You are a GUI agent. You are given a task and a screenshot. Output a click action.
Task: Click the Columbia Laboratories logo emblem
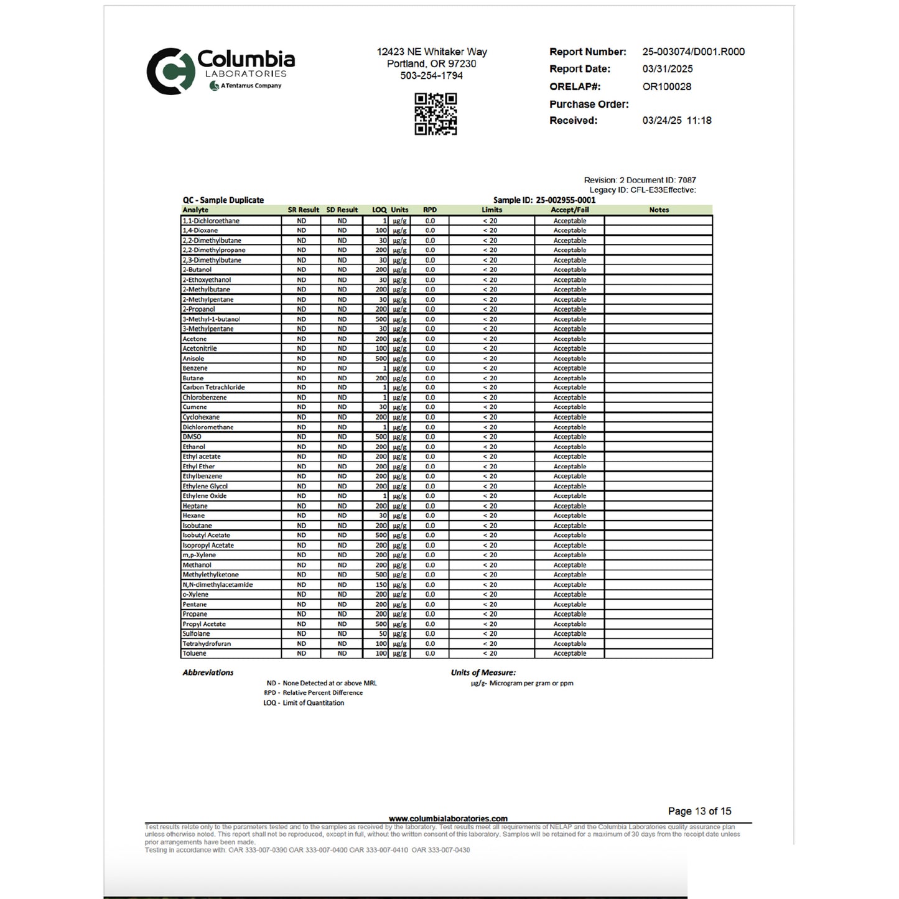point(168,71)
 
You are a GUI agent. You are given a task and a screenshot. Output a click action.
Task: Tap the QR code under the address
point(436,114)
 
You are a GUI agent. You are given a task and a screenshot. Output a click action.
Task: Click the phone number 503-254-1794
point(431,75)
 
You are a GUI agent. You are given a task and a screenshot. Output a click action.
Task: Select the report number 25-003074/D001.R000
point(693,52)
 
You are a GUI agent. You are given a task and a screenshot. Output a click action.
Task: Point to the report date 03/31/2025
point(667,69)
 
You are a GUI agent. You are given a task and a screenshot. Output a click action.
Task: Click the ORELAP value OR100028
point(666,86)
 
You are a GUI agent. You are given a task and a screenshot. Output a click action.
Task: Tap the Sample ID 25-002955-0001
point(565,200)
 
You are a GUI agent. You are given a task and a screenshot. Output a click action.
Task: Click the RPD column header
point(429,210)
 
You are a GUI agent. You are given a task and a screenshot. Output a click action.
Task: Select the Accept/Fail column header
point(569,210)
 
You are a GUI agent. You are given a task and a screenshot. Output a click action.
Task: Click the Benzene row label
point(195,368)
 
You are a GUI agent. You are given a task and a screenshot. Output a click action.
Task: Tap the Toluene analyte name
point(194,653)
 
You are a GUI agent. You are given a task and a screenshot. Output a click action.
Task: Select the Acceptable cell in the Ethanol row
point(569,447)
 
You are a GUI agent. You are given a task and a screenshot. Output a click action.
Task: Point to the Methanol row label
point(197,565)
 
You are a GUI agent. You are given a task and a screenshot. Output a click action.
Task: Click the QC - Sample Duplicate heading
point(223,200)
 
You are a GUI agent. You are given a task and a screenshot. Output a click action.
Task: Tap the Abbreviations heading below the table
point(208,673)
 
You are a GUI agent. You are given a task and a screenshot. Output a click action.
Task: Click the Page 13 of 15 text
point(699,811)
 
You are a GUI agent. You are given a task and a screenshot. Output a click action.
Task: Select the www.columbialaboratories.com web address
point(448,819)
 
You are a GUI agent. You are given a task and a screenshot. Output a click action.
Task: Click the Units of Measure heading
point(483,673)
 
